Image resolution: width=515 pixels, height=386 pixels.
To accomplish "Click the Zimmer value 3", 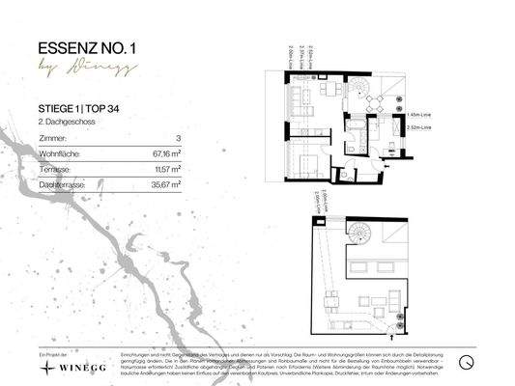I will click(x=179, y=139).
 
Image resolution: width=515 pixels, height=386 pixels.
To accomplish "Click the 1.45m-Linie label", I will click(x=422, y=113).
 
